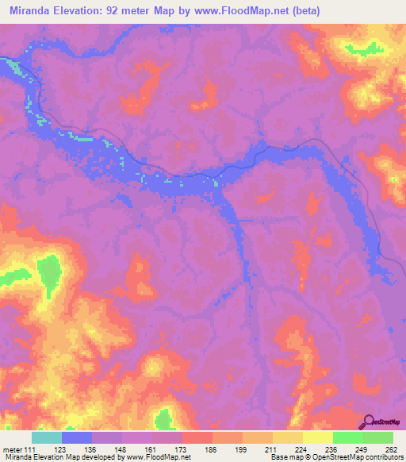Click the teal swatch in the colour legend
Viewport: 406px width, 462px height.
[47, 437]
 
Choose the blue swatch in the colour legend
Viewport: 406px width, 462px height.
[77, 437]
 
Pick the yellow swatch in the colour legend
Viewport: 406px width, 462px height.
[318, 437]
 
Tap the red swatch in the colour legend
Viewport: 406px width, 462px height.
[197, 437]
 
